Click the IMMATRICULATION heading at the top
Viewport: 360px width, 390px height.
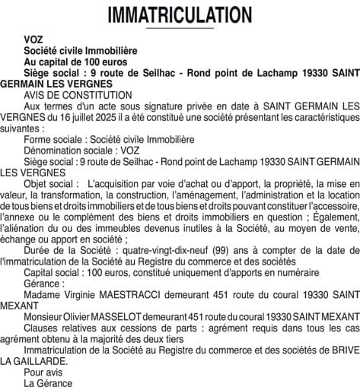(180, 15)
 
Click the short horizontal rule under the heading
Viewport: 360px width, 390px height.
(180, 28)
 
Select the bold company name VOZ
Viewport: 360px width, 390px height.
(33, 38)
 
